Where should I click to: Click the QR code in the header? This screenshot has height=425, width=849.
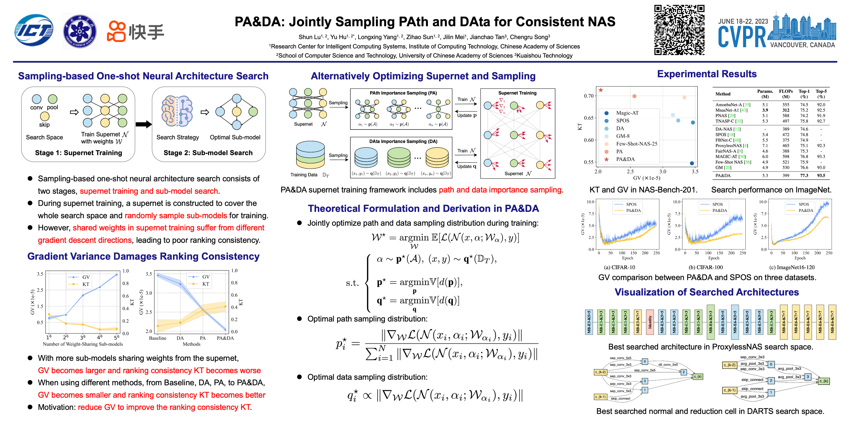[679, 30]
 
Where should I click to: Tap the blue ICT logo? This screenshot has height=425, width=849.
[34, 30]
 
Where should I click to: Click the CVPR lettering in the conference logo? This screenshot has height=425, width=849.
[742, 37]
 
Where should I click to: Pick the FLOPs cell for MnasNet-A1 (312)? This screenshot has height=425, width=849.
[786, 110]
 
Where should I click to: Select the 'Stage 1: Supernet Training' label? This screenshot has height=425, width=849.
[79, 153]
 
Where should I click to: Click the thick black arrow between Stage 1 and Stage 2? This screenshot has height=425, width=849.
[144, 124]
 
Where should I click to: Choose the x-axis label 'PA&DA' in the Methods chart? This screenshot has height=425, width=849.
[225, 338]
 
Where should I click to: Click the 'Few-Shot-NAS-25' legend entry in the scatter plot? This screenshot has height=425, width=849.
[636, 144]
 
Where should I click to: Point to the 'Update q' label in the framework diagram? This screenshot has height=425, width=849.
[466, 166]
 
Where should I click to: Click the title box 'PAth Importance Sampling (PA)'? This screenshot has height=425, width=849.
[403, 93]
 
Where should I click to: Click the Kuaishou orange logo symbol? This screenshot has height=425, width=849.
[116, 32]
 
